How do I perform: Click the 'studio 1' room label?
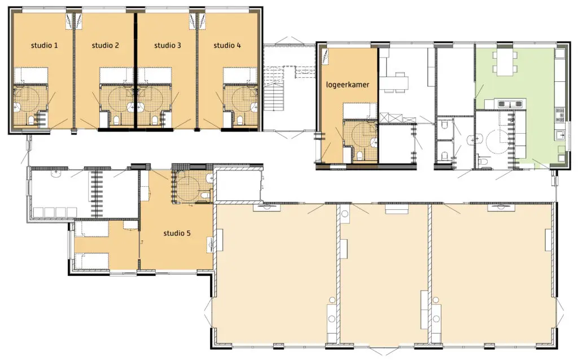44,46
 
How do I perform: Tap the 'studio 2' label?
106,46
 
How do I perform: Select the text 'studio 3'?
167,46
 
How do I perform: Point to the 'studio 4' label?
227,46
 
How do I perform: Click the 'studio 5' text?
177,233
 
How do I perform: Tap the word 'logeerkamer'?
348,85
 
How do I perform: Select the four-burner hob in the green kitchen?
559,115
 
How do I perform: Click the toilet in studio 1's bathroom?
32,120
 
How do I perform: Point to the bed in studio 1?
32,76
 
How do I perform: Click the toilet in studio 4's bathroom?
240,120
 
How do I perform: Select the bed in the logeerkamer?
360,111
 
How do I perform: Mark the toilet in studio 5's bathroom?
205,194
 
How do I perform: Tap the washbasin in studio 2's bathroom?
131,107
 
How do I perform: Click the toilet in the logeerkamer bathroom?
360,156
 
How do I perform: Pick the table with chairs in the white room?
395,82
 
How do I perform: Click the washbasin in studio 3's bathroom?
141,107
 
